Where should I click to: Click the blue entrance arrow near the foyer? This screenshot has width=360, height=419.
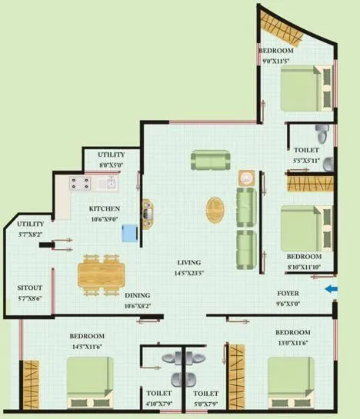click(x=329, y=289)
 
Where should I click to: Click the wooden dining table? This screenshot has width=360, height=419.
click(x=101, y=271)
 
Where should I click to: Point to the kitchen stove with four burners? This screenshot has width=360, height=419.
click(x=80, y=183)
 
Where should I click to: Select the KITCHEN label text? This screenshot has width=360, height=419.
click(x=104, y=208)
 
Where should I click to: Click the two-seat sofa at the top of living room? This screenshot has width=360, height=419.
click(x=210, y=160)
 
